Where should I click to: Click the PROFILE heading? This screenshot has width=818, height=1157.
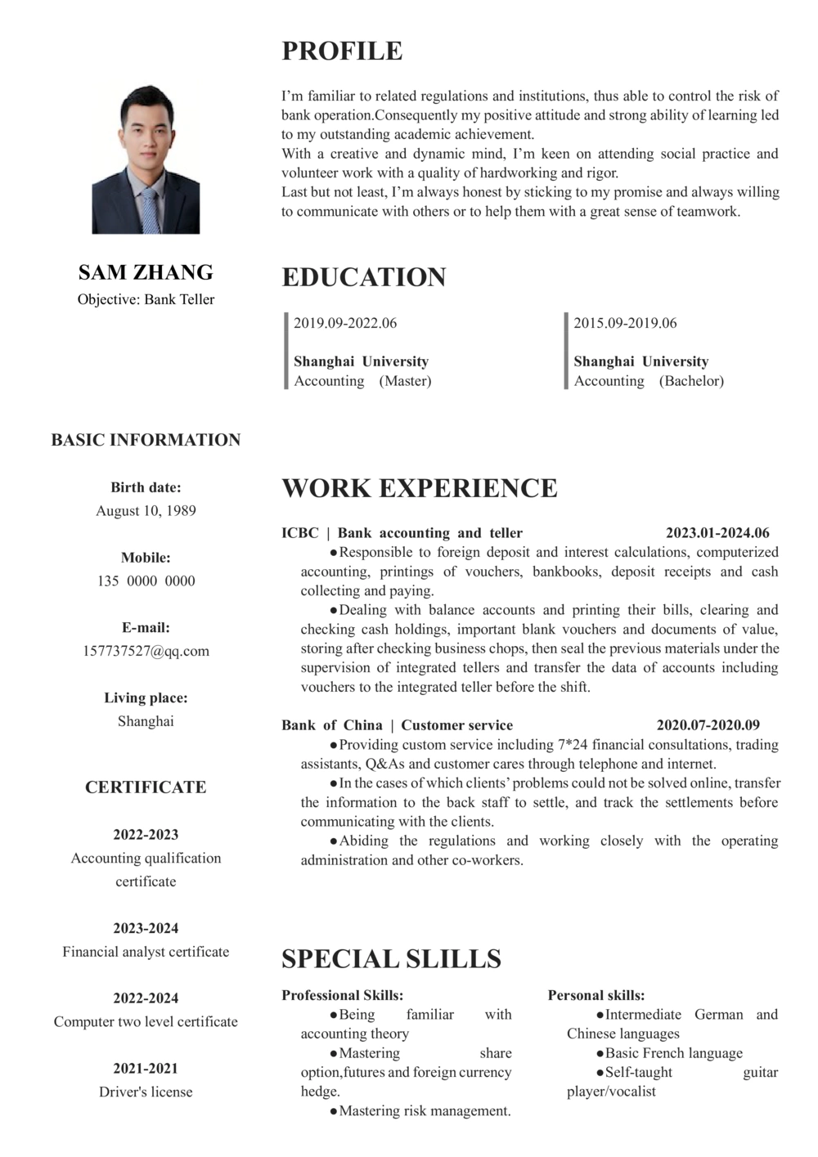342,51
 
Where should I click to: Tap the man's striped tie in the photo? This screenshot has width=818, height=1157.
149,209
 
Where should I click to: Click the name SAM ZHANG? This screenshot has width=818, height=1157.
146,272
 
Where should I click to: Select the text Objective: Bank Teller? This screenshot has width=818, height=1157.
146,299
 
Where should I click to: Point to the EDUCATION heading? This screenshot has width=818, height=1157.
364,277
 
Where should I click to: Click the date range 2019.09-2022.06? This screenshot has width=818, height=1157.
345,323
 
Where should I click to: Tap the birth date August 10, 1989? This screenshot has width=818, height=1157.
146,511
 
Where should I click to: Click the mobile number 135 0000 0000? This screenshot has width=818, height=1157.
146,581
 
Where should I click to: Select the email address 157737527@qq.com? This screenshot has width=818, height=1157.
146,652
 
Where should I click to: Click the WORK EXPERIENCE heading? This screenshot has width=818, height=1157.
420,488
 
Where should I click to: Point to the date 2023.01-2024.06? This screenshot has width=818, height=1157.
717,533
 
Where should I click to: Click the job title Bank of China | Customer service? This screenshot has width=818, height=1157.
397,725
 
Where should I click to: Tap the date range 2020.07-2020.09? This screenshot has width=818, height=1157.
708,725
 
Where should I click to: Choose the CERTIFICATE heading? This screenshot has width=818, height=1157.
146,787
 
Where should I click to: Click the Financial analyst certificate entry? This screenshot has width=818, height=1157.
146,952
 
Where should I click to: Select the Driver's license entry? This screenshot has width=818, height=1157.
146,1092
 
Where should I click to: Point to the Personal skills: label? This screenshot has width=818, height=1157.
596,995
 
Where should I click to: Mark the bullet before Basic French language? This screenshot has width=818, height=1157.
600,1054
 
